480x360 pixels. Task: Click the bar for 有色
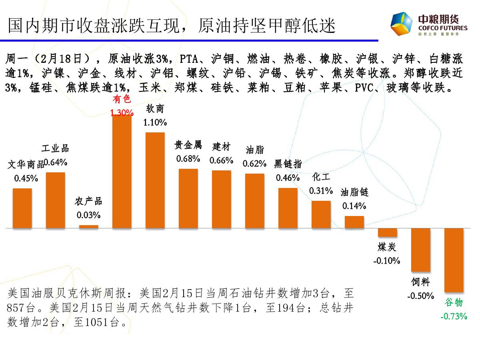(122, 172)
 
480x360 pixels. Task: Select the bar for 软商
(155, 180)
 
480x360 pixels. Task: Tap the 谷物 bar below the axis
(454, 260)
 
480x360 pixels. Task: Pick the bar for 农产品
(89, 226)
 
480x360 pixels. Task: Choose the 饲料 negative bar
(421, 252)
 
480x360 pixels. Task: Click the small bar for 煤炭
(388, 232)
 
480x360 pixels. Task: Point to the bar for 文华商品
(22, 208)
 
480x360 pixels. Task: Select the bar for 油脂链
(354, 222)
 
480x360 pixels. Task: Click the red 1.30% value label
(122, 113)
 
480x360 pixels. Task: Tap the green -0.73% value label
(454, 316)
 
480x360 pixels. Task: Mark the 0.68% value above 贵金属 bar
(188, 159)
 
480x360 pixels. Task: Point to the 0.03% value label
(88, 216)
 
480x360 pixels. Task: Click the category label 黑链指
(288, 164)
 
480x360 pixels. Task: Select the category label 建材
(221, 147)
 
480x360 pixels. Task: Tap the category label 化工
(321, 177)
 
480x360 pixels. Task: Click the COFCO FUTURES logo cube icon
(402, 24)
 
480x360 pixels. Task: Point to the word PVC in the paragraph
(364, 88)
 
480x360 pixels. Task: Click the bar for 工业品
(56, 200)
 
